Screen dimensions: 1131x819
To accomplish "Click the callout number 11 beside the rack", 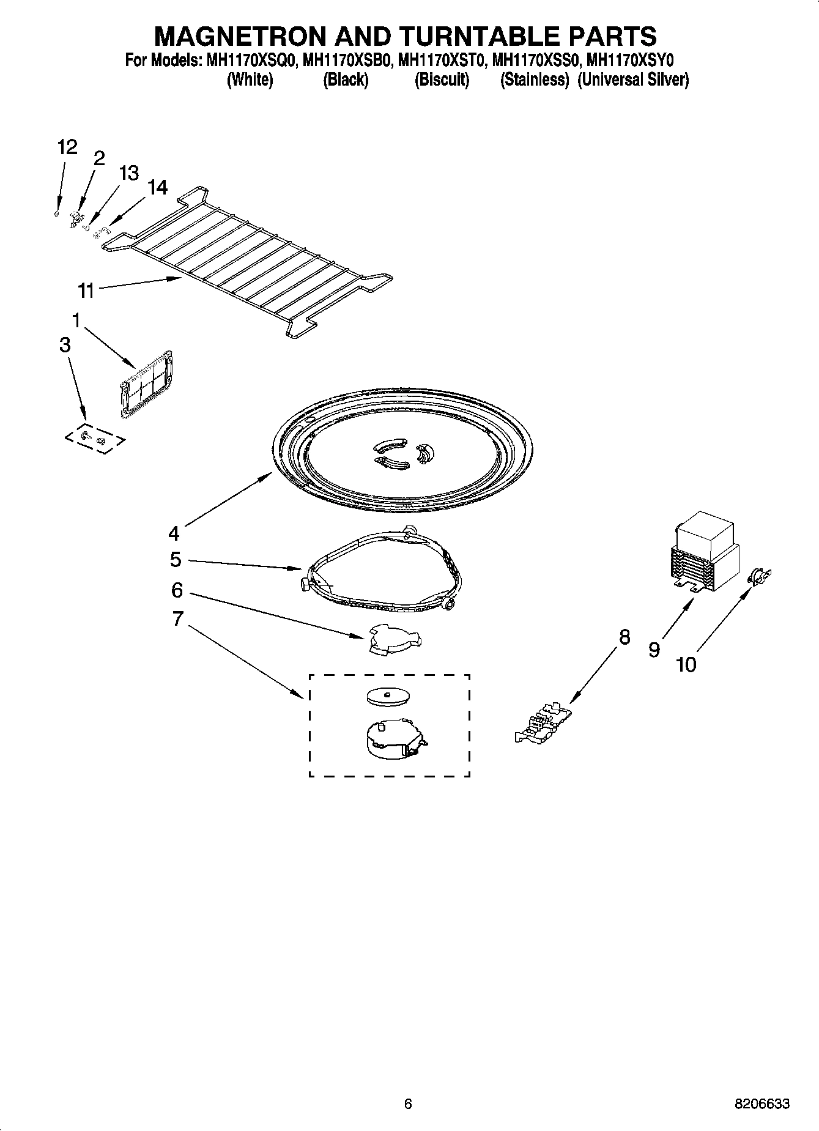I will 86,290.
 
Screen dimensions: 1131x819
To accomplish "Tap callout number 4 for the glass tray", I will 174,533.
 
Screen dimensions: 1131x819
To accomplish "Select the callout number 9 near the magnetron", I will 654,650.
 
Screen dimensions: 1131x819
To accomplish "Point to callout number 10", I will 686,664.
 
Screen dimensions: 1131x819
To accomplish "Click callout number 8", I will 624,637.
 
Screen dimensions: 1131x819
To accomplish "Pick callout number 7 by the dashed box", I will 177,619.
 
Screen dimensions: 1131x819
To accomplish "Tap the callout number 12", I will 67,147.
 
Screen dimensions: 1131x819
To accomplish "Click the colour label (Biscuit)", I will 442,80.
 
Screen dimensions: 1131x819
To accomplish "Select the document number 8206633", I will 762,1104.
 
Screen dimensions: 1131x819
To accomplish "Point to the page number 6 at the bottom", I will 408,1104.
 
